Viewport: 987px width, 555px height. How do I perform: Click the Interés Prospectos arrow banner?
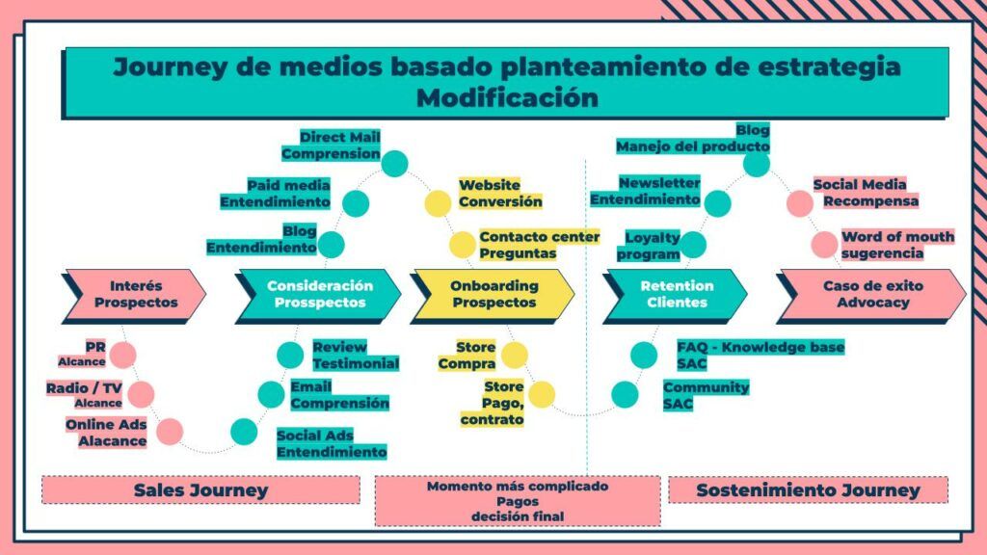point(135,294)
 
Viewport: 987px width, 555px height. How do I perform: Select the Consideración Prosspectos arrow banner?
point(318,294)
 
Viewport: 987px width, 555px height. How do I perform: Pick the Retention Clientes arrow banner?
point(675,294)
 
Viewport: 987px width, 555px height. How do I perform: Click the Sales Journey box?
point(200,489)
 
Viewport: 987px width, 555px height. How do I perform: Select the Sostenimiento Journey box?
point(808,489)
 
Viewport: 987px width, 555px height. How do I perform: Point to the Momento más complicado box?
point(518,500)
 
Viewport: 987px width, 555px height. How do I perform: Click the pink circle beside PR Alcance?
point(122,355)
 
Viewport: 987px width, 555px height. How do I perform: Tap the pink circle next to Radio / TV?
point(141,393)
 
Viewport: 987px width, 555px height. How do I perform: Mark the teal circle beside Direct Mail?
point(394,163)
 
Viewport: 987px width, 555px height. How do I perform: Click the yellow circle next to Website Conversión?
point(438,203)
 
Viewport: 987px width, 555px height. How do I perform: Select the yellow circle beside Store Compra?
point(515,355)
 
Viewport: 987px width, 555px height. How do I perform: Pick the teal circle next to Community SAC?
point(625,394)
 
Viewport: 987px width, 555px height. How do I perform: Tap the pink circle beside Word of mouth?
point(824,245)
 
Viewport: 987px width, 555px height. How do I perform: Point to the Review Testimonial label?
point(355,355)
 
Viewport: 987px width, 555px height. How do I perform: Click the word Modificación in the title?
point(507,98)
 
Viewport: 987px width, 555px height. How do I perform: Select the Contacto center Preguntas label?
point(539,245)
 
